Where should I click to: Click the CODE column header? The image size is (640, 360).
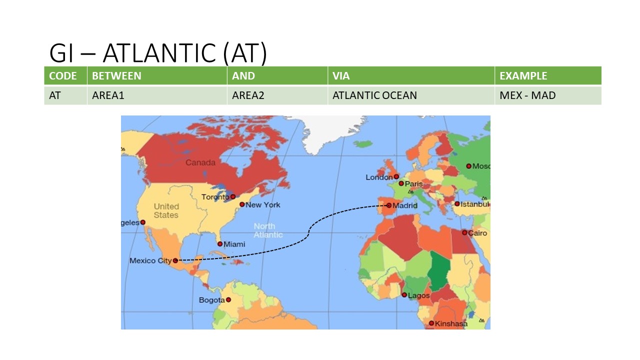(x=63, y=76)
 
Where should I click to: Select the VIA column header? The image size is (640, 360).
(x=341, y=76)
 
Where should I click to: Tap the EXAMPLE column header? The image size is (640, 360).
(x=523, y=76)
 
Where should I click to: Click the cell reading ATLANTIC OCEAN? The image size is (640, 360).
(x=374, y=95)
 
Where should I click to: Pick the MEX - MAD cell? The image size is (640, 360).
(x=527, y=95)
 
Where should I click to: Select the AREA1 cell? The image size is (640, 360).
(x=108, y=95)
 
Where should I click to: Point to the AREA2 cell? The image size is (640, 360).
(x=248, y=95)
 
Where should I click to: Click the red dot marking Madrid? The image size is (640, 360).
(x=389, y=205)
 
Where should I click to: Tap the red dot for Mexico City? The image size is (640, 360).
(x=175, y=260)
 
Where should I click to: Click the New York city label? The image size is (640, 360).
(x=263, y=204)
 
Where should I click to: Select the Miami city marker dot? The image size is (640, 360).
(x=220, y=244)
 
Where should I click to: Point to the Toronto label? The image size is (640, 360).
(x=215, y=197)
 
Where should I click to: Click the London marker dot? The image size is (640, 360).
(x=396, y=176)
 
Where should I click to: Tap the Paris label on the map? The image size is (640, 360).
(x=413, y=184)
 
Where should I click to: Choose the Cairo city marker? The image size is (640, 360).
(x=464, y=232)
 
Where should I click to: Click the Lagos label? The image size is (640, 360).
(x=418, y=295)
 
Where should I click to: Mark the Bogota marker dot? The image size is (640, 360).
(x=228, y=299)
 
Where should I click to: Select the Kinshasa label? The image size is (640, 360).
(x=451, y=323)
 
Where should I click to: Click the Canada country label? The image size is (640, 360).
(x=200, y=162)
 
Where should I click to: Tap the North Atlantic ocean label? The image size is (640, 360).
(x=268, y=230)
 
